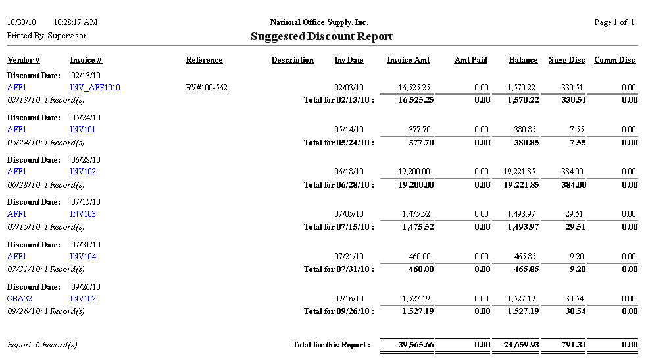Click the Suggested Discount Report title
pos(322,37)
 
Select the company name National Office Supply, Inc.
pos(320,22)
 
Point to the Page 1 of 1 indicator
pos(614,22)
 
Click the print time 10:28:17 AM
pos(76,22)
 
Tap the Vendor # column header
pos(24,60)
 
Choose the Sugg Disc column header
pos(566,60)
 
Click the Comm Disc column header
pos(614,60)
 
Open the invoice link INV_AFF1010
pos(95,88)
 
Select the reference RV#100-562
pos(207,88)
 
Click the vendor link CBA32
pos(20,299)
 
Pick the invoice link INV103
pos(83,214)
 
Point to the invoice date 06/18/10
pos(349,172)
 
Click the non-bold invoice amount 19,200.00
pos(414,172)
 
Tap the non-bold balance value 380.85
pos(524,130)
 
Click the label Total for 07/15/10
pos(338,227)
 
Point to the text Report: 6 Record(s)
pos(42,345)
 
